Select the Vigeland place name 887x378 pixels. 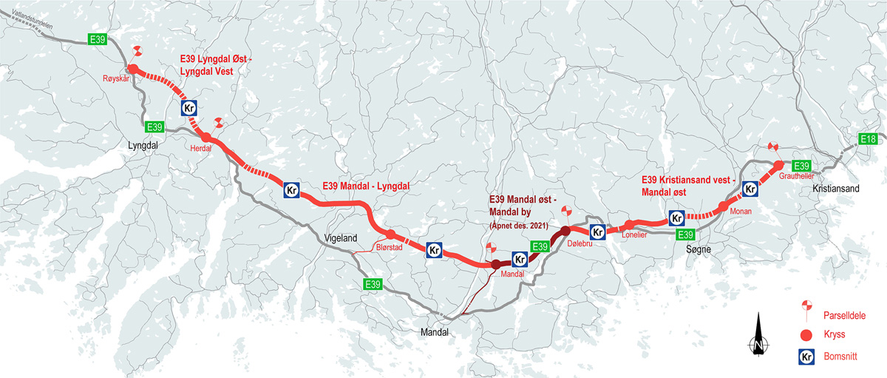point(341,238)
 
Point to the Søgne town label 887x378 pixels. point(696,250)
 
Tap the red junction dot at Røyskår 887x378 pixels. point(134,70)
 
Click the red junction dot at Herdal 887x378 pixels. point(206,138)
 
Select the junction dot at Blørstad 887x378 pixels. point(391,234)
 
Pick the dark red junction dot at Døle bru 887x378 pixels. point(566,229)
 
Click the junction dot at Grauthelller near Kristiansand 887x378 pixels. point(778,165)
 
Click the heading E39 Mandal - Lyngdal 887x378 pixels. point(366,186)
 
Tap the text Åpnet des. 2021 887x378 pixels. point(520,225)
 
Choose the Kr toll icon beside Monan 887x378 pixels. point(750,189)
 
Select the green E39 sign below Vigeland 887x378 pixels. point(373,284)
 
